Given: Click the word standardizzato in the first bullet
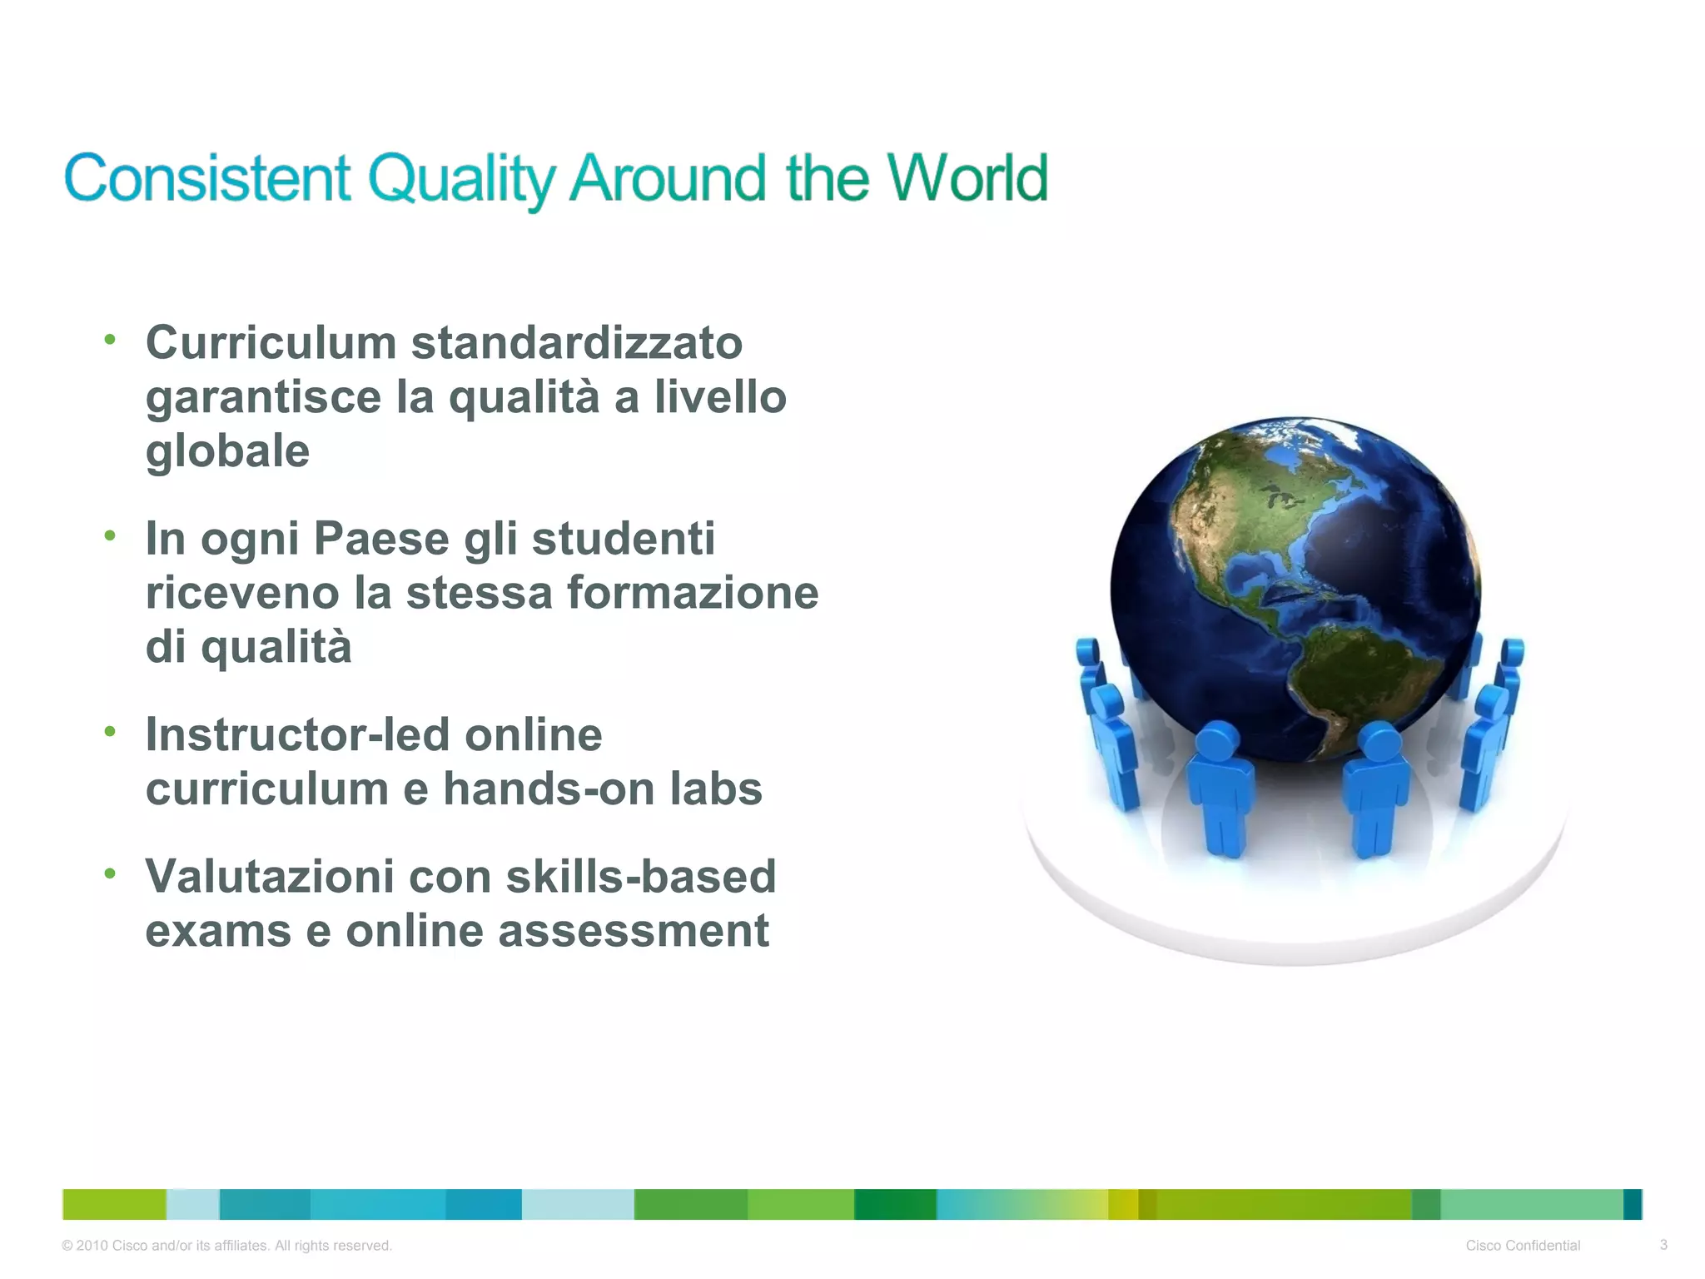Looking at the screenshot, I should [576, 343].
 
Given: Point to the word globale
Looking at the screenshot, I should [227, 451].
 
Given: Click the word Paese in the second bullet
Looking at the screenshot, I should [381, 539].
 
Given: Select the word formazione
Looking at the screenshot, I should [693, 593].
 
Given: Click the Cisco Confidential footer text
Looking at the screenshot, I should [1523, 1246].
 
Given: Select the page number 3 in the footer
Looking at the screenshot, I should [1663, 1245].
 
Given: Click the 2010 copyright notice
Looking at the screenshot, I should [226, 1246].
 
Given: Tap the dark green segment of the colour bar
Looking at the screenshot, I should [895, 1204].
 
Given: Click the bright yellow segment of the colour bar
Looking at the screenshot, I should [1122, 1204].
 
